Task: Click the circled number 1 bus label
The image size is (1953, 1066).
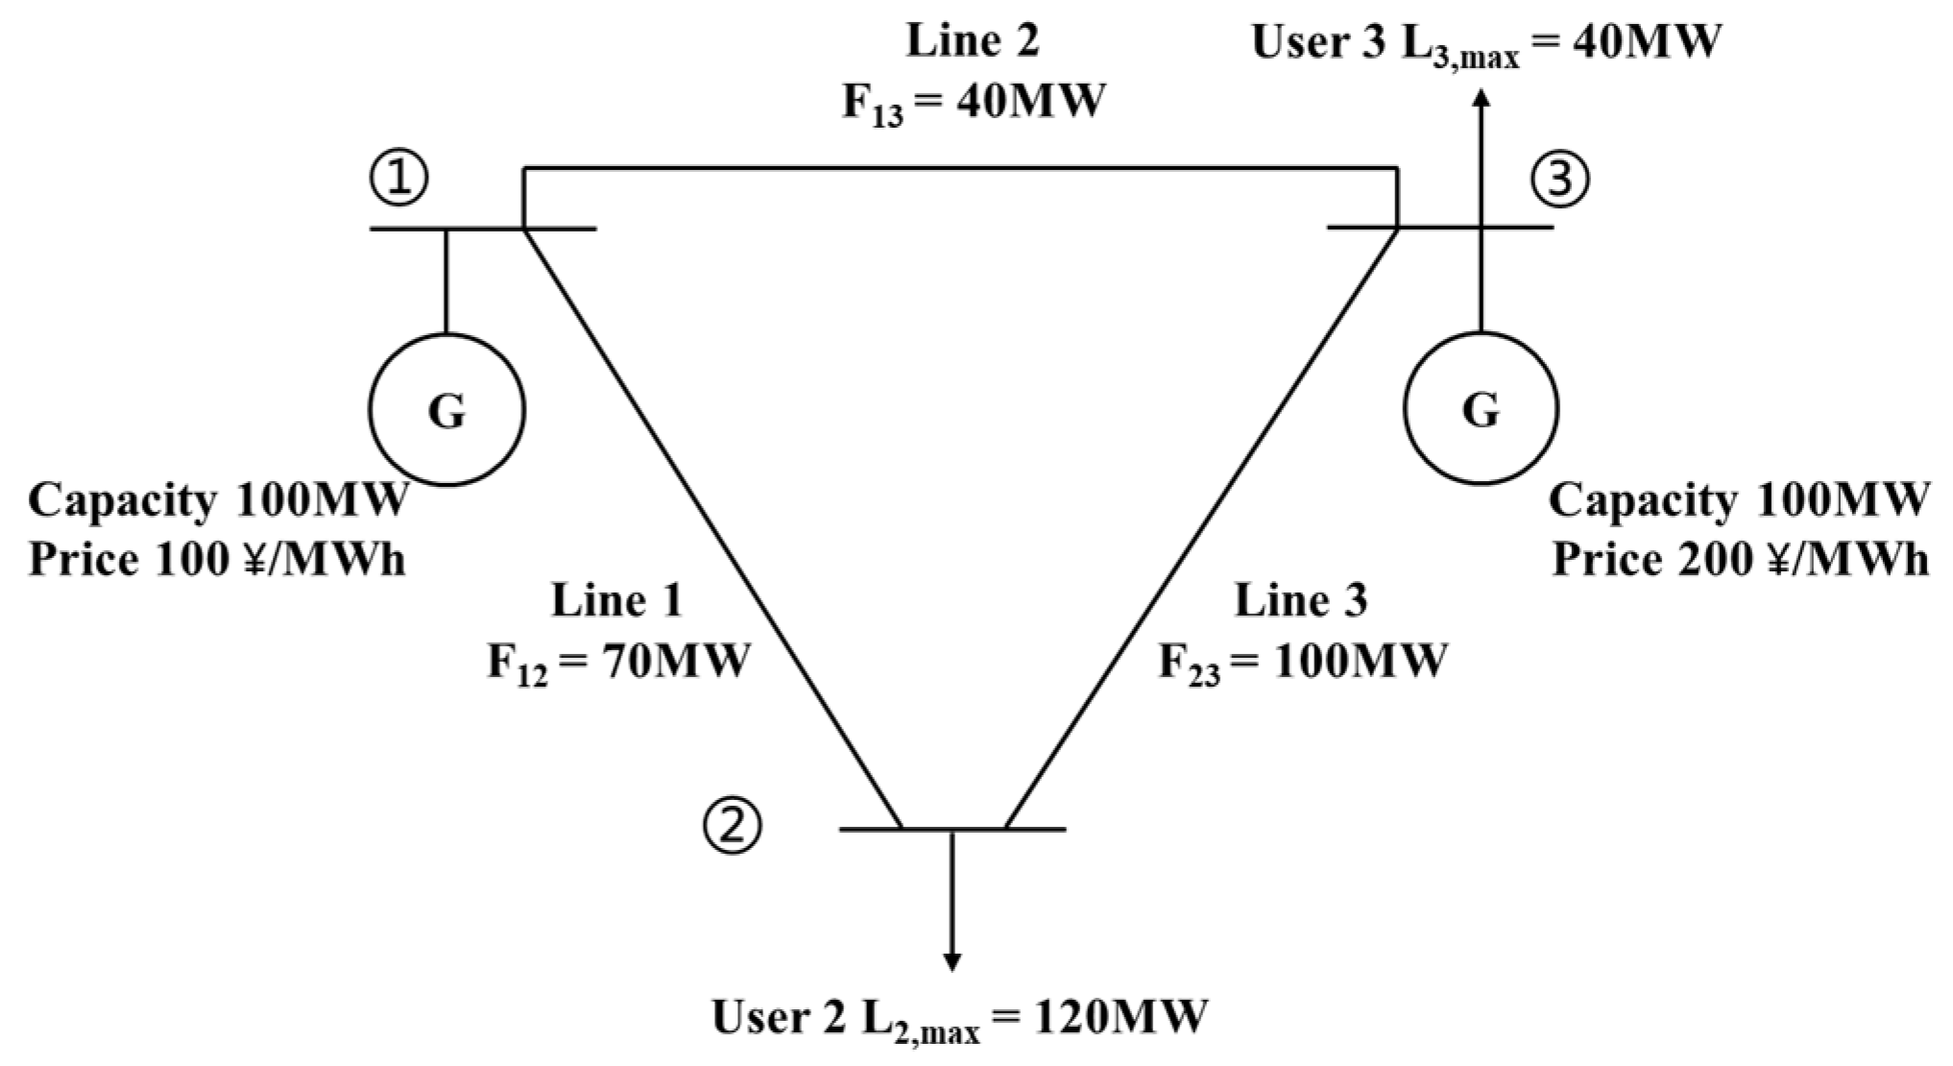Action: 399,179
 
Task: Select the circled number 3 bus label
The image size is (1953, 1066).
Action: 1559,180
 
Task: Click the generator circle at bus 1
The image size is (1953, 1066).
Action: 446,410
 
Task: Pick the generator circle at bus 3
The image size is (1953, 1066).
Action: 1481,410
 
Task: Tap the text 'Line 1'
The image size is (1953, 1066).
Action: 616,601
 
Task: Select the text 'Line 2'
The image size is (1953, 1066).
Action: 973,41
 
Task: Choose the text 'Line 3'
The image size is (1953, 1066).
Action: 1301,601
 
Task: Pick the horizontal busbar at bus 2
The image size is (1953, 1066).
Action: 952,829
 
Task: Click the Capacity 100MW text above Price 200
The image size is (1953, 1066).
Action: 1738,500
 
